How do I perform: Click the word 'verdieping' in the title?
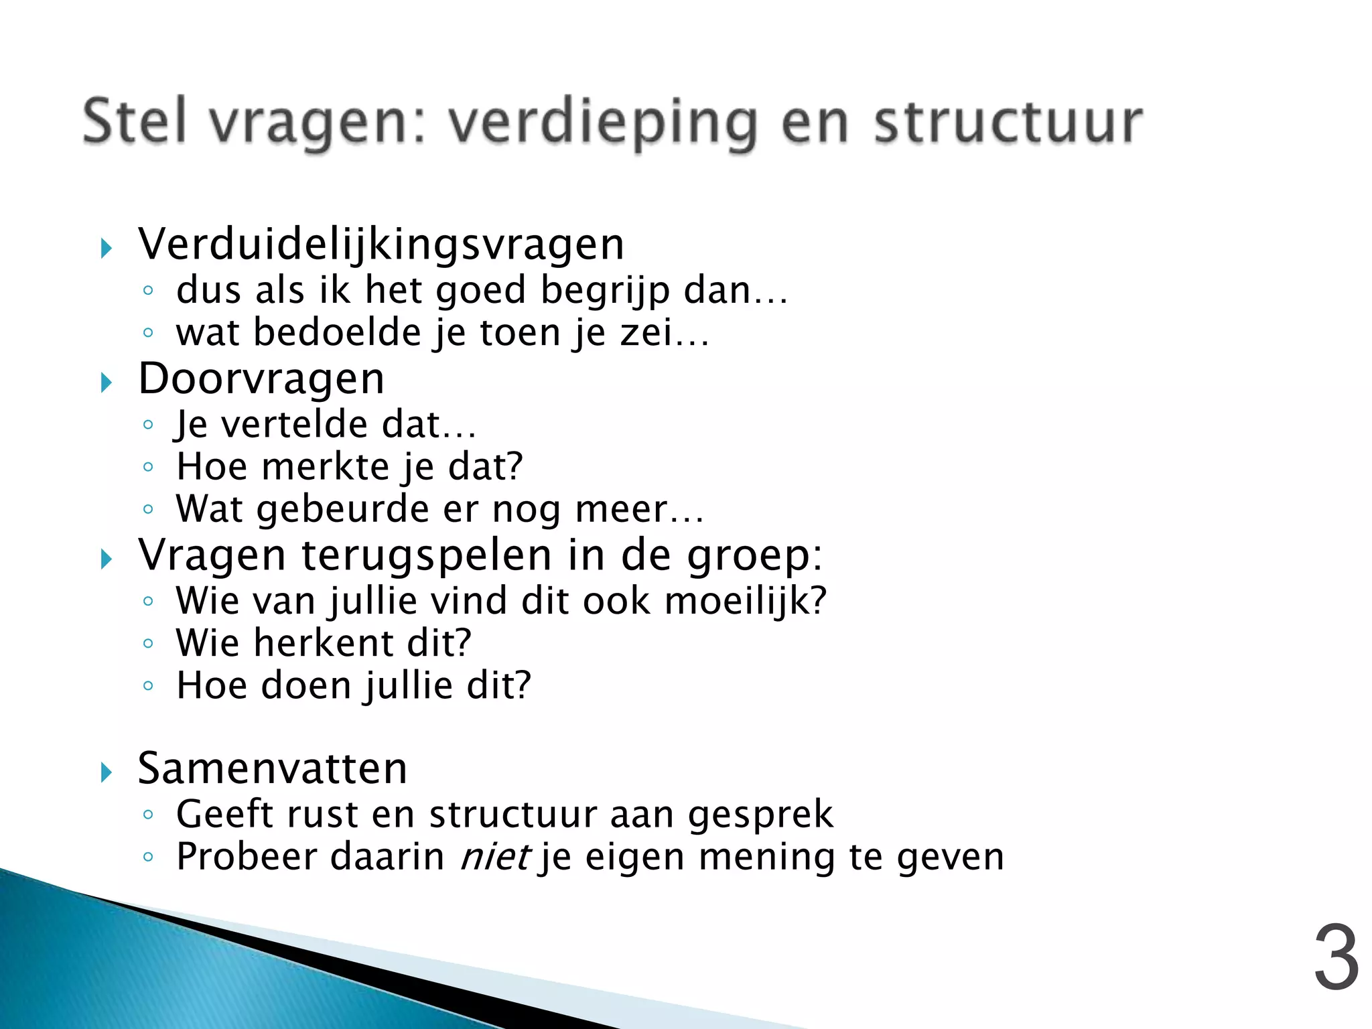[x=602, y=123]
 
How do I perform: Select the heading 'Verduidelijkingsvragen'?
[x=381, y=245]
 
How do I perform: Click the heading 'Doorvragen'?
[x=261, y=379]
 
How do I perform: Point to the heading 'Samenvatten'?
[x=273, y=768]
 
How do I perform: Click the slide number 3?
[x=1336, y=959]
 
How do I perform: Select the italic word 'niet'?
[x=494, y=857]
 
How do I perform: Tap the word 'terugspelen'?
[x=427, y=555]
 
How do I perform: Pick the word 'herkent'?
[x=324, y=643]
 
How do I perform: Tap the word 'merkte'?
[x=326, y=467]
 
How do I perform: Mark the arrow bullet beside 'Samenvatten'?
[x=106, y=772]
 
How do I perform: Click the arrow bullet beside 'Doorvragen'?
[x=106, y=383]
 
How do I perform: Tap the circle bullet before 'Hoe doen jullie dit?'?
[x=148, y=686]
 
